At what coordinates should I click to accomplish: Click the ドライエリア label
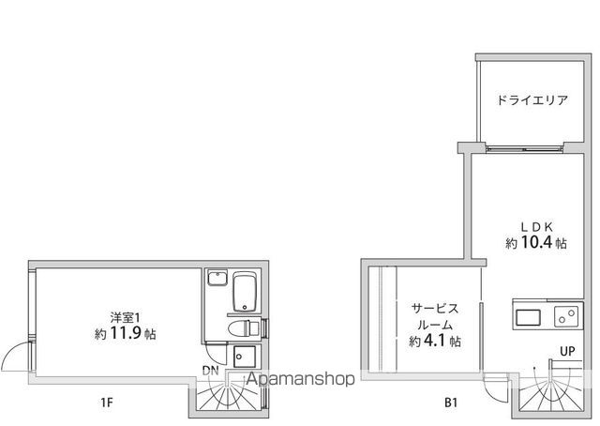(x=532, y=100)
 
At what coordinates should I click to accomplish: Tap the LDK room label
(x=536, y=227)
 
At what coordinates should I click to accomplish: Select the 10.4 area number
(x=536, y=242)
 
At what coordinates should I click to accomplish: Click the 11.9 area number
(x=126, y=333)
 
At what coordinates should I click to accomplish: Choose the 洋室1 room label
(x=125, y=317)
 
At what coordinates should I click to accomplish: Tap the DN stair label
(x=210, y=371)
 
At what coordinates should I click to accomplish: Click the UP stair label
(x=567, y=351)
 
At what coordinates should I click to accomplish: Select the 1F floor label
(x=107, y=403)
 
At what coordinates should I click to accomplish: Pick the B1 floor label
(x=451, y=403)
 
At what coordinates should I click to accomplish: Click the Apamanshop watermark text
(x=301, y=379)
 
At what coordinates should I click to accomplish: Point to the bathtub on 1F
(x=244, y=292)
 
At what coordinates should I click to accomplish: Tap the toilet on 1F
(x=244, y=328)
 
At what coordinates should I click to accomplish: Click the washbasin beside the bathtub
(x=217, y=278)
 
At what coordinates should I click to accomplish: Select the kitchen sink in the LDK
(x=528, y=317)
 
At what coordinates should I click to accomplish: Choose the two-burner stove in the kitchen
(x=566, y=316)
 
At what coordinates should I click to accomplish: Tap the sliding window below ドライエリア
(x=524, y=148)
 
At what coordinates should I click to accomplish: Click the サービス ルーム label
(x=434, y=316)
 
